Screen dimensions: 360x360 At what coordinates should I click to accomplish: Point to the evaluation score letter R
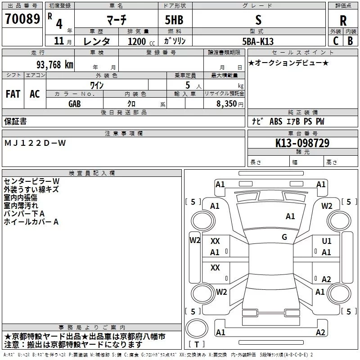343,20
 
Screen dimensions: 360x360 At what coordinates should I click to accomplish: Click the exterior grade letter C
336,41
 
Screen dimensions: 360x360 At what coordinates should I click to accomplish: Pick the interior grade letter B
350,41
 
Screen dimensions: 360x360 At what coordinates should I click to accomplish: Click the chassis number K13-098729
302,143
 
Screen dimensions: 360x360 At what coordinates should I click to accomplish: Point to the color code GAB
75,103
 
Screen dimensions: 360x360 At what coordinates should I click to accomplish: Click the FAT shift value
13,94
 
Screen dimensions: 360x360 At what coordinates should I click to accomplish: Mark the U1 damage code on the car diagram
327,241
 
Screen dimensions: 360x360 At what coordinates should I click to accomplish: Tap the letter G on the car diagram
284,237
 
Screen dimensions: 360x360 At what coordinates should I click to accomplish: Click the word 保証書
15,121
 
